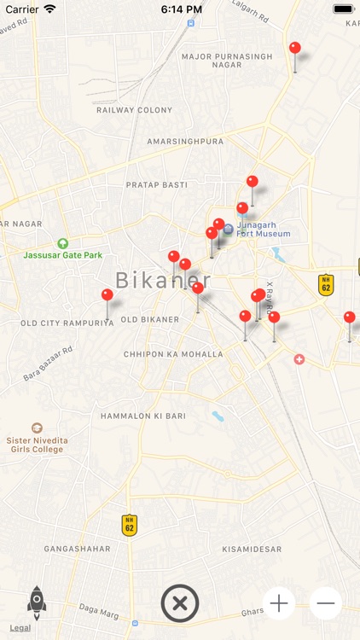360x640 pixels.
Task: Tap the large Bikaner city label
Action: pos(162,280)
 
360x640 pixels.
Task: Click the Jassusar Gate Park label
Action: pos(62,254)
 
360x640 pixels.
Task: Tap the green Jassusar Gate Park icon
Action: pos(62,243)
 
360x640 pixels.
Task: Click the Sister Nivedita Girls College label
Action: pos(37,444)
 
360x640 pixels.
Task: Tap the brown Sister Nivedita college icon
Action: pos(37,428)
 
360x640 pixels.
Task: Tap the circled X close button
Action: pos(180,603)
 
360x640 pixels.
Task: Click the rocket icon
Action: pos(37,602)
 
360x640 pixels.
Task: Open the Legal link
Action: pos(20,628)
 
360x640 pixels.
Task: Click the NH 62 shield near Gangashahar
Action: pos(129,524)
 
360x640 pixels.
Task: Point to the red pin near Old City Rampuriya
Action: pos(107,295)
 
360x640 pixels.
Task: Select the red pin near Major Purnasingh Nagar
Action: pos(295,48)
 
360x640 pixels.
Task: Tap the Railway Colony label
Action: pos(134,110)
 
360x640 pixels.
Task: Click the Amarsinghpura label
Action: pos(185,141)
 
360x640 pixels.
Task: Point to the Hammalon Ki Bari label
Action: pos(143,415)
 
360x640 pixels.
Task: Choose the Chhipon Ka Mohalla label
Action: pos(173,354)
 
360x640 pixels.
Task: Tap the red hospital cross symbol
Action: pos(299,359)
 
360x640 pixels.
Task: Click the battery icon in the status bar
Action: pos(343,9)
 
